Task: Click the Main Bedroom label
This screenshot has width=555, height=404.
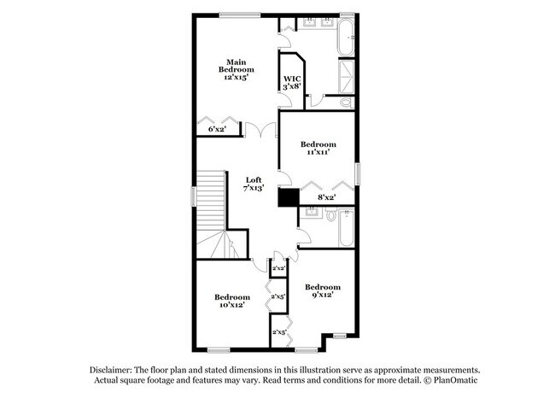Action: click(x=236, y=66)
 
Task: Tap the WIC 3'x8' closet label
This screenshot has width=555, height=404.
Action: click(x=292, y=83)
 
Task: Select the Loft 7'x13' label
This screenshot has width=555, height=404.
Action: click(x=254, y=184)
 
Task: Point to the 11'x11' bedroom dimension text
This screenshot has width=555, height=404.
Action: click(x=318, y=152)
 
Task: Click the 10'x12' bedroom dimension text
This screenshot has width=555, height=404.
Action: click(x=232, y=305)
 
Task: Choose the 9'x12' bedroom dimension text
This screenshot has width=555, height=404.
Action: click(x=323, y=295)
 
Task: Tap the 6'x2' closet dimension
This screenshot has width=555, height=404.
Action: click(x=217, y=129)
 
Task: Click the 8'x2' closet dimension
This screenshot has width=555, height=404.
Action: click(x=326, y=197)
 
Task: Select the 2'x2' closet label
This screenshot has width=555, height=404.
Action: click(x=278, y=268)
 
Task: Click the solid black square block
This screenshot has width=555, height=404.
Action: click(x=289, y=197)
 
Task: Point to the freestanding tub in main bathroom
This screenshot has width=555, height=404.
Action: click(x=346, y=37)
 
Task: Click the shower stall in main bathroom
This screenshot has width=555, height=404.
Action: click(x=347, y=77)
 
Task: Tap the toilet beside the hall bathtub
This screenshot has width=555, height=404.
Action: click(x=331, y=214)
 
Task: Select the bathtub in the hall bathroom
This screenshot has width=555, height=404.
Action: click(x=346, y=228)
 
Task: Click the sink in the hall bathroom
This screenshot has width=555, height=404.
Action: click(x=312, y=212)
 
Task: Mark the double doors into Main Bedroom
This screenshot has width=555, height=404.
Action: click(x=260, y=130)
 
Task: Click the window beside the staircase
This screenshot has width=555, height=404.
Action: click(x=193, y=196)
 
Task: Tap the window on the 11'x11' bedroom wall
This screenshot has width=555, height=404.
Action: click(x=358, y=173)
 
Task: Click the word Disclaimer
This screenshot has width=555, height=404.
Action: click(x=111, y=371)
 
